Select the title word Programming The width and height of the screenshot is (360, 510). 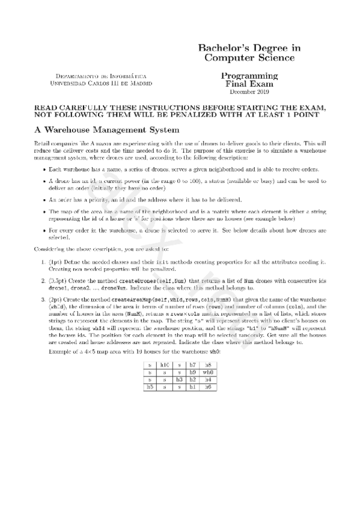249,76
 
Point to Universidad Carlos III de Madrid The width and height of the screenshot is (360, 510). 100,83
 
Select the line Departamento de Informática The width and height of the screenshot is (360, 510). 100,76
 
